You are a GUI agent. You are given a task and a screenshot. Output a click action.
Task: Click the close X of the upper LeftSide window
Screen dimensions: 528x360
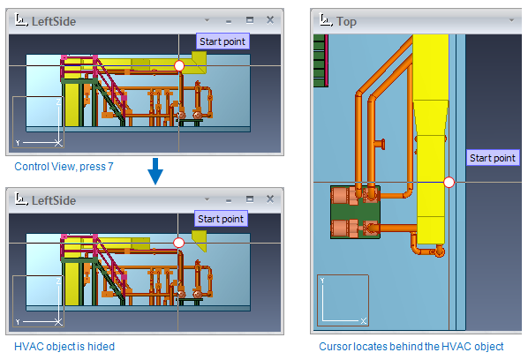tap(269, 20)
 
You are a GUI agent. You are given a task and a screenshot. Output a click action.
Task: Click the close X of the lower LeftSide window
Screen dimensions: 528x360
tap(269, 199)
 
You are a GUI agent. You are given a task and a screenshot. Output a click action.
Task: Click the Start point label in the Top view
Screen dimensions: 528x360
tap(493, 158)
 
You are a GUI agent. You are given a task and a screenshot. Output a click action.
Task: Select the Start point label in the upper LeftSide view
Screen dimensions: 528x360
tap(223, 41)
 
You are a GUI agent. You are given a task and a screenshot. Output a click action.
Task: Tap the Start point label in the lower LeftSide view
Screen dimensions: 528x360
tap(221, 219)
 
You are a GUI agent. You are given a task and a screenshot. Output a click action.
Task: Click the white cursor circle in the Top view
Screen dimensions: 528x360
tap(449, 183)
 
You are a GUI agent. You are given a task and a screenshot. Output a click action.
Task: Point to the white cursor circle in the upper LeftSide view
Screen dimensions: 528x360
tap(179, 65)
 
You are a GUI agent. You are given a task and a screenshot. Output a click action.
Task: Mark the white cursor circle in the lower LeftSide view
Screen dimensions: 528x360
tap(179, 243)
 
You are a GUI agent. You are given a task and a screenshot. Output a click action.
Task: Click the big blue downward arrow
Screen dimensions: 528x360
tap(155, 171)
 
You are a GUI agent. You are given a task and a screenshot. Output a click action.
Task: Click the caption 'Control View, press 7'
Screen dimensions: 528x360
tap(64, 167)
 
